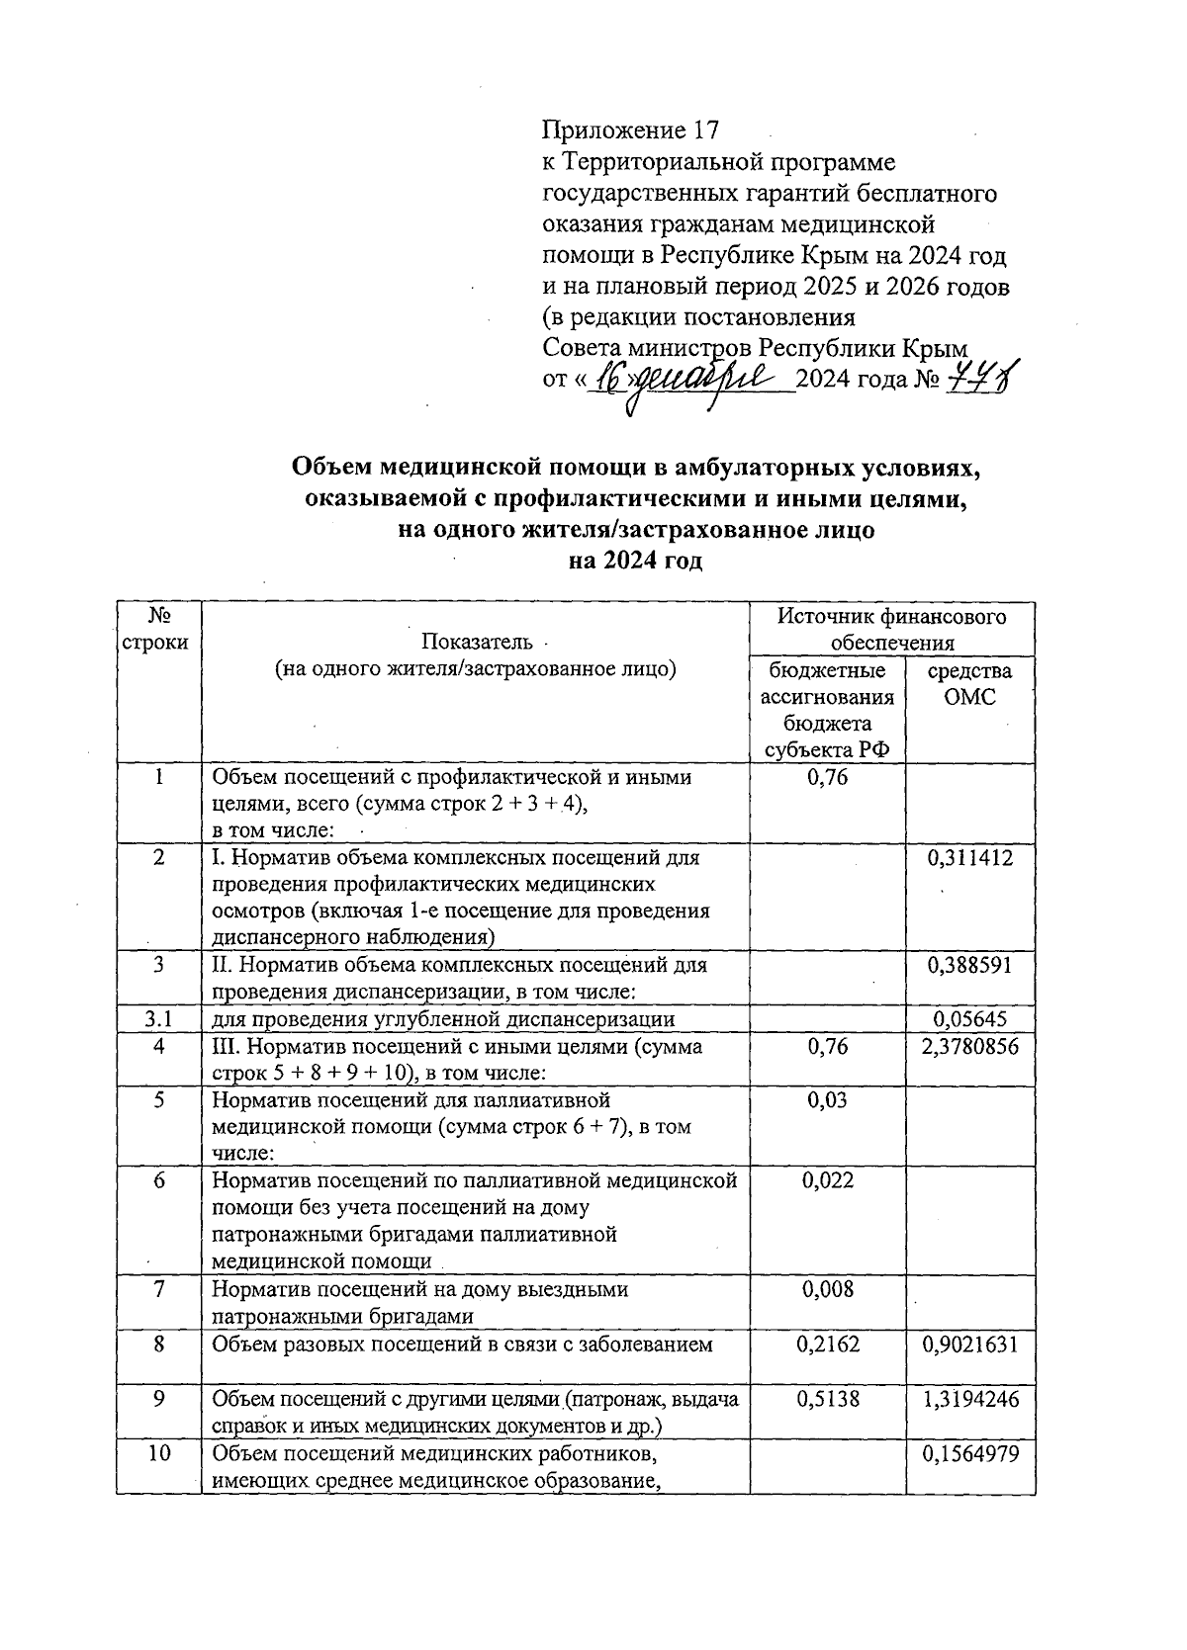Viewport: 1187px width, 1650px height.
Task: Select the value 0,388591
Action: tap(969, 965)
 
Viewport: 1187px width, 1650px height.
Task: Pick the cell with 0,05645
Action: tap(970, 1019)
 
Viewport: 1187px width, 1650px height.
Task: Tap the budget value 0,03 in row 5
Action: tap(827, 1100)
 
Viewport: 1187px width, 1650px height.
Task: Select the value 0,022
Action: tap(827, 1180)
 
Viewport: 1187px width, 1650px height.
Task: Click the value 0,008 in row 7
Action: tap(827, 1289)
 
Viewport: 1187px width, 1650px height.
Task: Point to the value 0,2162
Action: tap(827, 1344)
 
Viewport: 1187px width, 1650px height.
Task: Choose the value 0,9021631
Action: tap(969, 1344)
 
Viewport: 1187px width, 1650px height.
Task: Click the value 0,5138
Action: tap(827, 1399)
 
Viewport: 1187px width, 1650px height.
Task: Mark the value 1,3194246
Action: tap(969, 1399)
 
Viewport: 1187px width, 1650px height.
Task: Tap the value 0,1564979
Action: tap(969, 1453)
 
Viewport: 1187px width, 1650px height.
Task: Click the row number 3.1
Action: tap(158, 1019)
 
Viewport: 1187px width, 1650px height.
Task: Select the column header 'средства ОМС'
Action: tap(969, 683)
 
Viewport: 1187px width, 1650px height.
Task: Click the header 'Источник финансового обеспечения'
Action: tap(891, 630)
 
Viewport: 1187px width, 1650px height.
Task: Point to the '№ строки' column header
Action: tap(158, 629)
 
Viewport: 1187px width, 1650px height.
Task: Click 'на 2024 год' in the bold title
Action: tap(635, 562)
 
